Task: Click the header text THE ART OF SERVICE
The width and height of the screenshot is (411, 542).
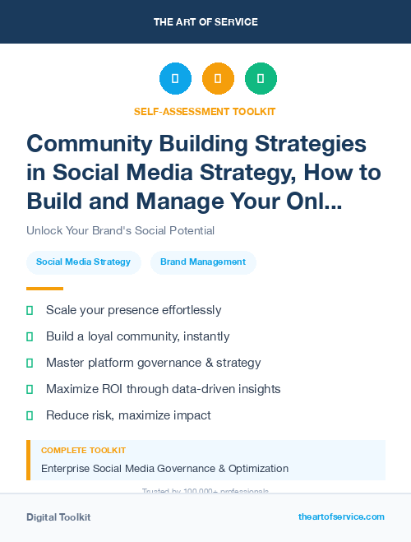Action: (x=205, y=22)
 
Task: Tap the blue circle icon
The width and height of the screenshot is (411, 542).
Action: (x=175, y=78)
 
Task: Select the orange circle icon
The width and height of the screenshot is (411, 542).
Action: (x=218, y=78)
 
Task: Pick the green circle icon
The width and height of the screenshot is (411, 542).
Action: (x=261, y=78)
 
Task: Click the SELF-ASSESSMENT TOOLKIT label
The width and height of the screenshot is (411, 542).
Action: (x=205, y=111)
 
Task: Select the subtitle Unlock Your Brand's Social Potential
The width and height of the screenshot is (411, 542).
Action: (x=120, y=230)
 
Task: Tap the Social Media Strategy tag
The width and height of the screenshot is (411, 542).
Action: (x=83, y=262)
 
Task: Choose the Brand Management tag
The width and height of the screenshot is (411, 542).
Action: (x=203, y=262)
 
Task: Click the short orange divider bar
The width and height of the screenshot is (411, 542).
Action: (x=44, y=289)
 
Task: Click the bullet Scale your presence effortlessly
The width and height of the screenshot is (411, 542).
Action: (x=133, y=310)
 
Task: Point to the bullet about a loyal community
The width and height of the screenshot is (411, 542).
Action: (x=137, y=336)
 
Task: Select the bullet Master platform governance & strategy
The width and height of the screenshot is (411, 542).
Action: (x=153, y=363)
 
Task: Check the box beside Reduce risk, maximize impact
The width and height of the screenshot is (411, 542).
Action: (x=30, y=415)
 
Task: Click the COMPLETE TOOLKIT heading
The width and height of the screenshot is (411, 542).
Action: (x=84, y=451)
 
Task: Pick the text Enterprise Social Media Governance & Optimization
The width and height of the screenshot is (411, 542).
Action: (x=164, y=469)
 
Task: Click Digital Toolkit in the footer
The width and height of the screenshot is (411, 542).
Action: (x=58, y=517)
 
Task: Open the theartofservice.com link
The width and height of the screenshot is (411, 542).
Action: (x=341, y=517)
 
